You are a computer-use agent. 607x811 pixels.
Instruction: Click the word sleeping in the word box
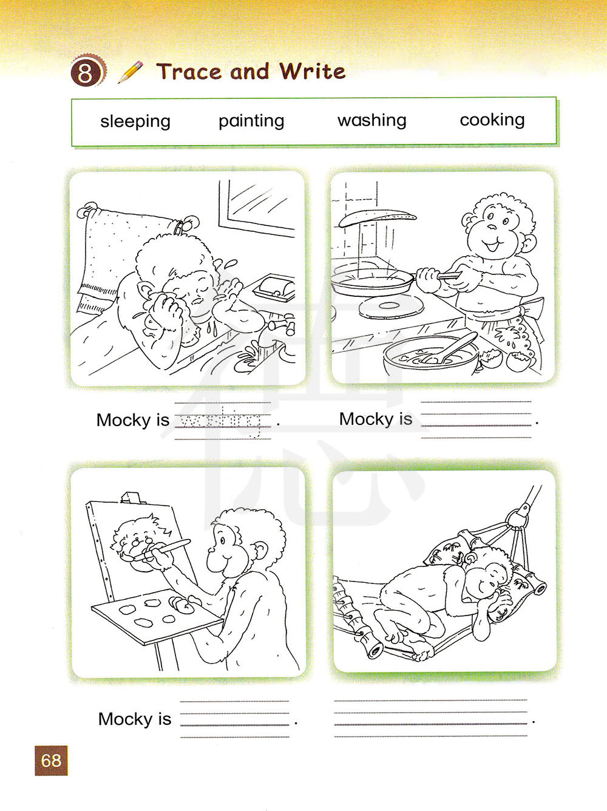click(x=135, y=121)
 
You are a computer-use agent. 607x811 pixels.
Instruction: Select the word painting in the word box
click(x=251, y=121)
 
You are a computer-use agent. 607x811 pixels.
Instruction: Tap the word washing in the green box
click(x=371, y=120)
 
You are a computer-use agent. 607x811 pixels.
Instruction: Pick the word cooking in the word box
click(x=492, y=120)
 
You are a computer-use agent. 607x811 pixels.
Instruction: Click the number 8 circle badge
click(x=86, y=71)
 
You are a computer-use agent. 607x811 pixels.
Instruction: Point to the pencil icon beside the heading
click(x=130, y=72)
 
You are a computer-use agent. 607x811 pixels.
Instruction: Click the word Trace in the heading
click(x=189, y=71)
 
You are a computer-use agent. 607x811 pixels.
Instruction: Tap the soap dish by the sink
click(x=274, y=288)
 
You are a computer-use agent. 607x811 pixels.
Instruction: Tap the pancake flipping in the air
click(x=378, y=217)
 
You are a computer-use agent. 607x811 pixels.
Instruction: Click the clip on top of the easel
click(x=131, y=497)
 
